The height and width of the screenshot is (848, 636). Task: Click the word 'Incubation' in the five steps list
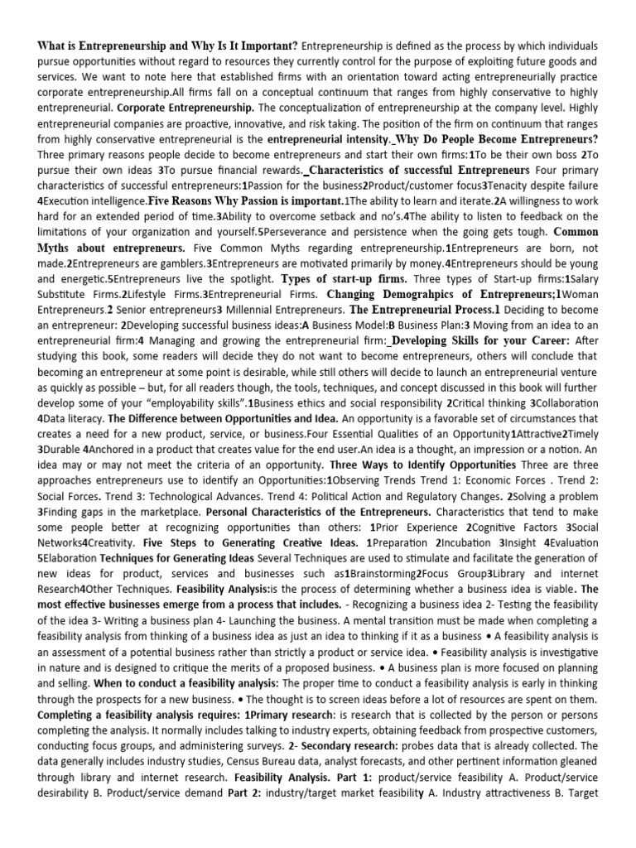[x=446, y=543]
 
